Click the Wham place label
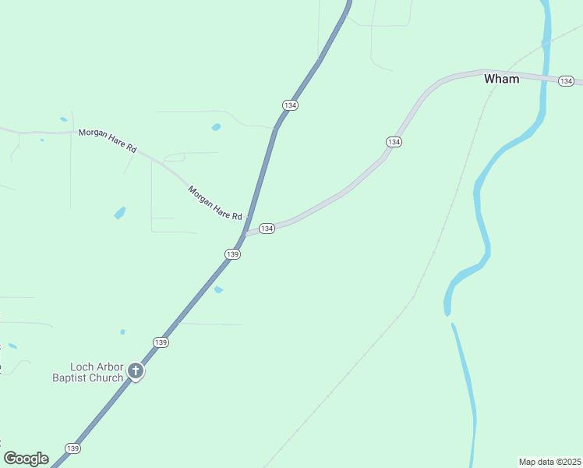(501, 79)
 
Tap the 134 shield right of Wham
(566, 81)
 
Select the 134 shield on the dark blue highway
(291, 105)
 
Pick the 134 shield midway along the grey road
(394, 141)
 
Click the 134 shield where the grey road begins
(267, 229)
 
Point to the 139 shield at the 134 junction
(232, 254)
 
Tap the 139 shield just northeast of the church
(161, 342)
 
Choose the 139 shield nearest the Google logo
(72, 448)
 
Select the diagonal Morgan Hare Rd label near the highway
(215, 202)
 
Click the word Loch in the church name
(82, 367)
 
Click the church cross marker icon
(136, 371)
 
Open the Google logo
(26, 458)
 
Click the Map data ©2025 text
(549, 462)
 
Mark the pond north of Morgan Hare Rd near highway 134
(216, 126)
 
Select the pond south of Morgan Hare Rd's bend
(120, 212)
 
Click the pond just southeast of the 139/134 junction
(218, 290)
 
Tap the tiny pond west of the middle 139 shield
(122, 332)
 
